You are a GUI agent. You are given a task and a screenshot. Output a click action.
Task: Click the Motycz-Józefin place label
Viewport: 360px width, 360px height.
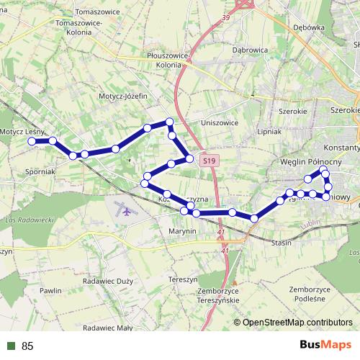(x=124, y=95)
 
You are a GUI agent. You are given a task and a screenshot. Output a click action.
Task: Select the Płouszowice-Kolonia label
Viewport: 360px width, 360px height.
(x=167, y=59)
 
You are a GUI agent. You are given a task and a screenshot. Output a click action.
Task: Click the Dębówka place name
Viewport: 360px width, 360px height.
(x=310, y=27)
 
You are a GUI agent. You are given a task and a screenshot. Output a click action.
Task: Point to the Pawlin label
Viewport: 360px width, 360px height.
(x=51, y=290)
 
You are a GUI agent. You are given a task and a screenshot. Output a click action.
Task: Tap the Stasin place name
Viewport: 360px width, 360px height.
(x=281, y=243)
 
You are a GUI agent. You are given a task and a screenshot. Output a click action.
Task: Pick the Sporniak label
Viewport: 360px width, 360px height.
(x=40, y=172)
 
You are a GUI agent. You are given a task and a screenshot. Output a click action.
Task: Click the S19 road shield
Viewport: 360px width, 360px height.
(x=208, y=161)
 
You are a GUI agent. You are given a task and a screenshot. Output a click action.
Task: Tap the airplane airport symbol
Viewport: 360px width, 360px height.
(x=127, y=212)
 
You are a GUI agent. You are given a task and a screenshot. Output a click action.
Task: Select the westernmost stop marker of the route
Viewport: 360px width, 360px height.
(x=32, y=142)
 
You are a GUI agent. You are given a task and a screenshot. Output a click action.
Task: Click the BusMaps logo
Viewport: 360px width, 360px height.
(x=325, y=345)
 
